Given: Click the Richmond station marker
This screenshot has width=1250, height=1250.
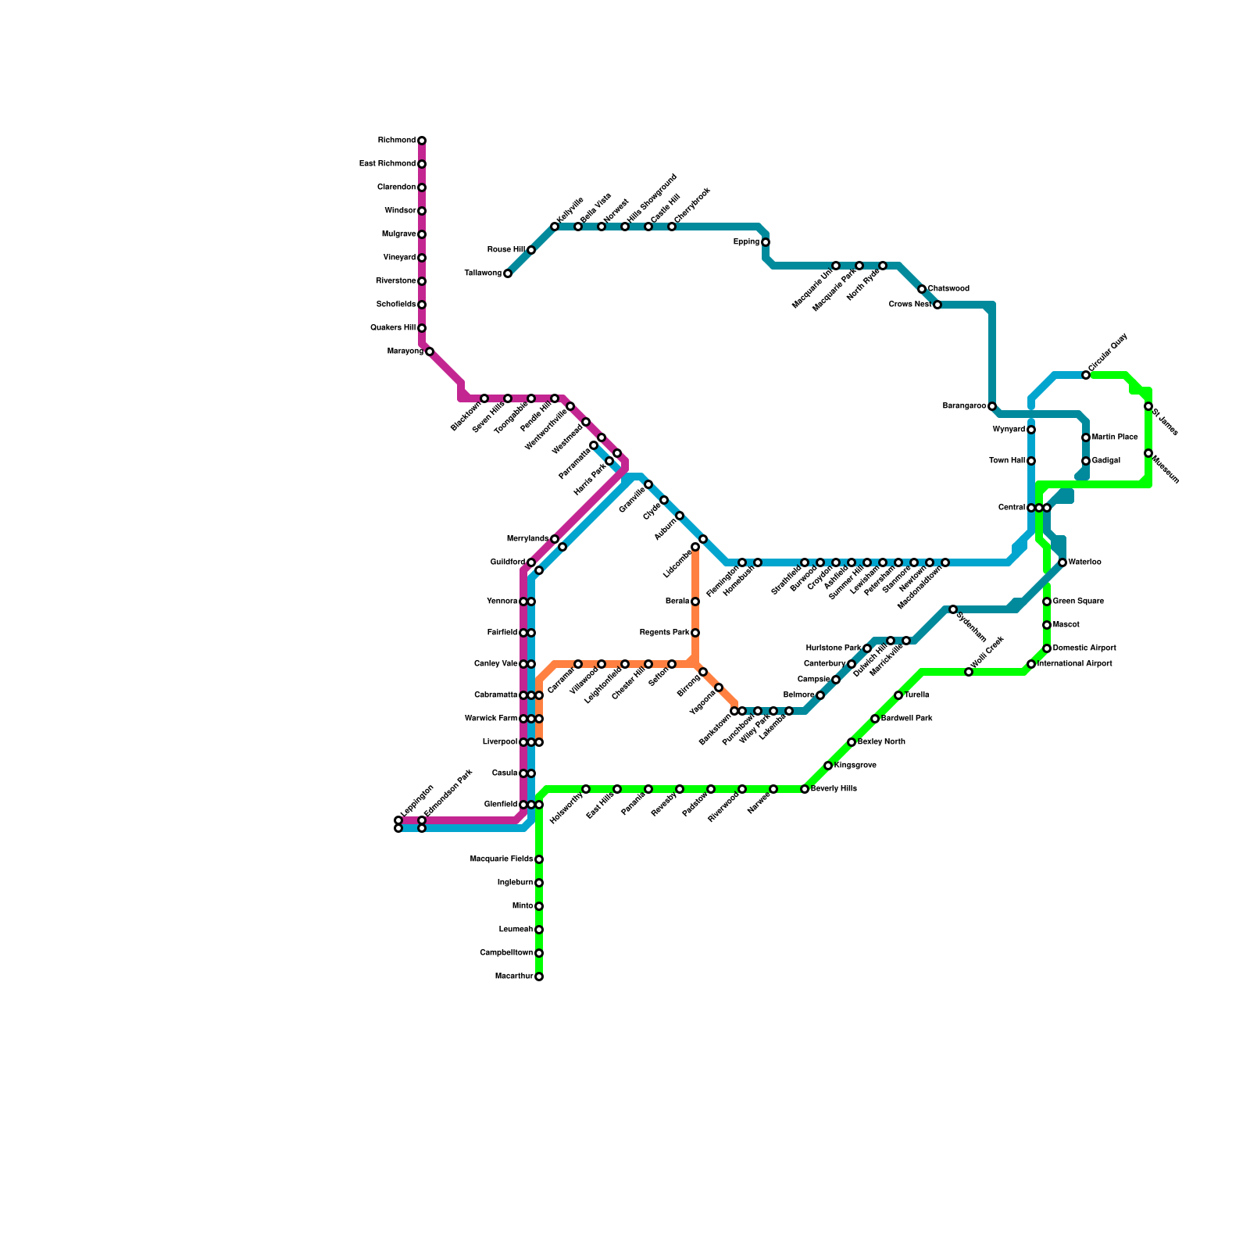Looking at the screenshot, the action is pos(422,141).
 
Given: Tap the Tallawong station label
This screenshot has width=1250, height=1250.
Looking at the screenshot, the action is pos(483,273).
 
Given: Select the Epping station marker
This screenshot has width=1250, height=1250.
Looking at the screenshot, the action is pos(766,242).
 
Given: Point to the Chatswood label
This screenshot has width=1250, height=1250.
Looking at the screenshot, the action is pos(948,289).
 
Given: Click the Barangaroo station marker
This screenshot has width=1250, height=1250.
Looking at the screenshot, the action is pos(992,406).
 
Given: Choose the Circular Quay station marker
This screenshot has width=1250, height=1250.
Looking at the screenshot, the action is pos(1086,375).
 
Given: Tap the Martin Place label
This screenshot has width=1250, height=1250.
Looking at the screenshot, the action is pos(1115,437).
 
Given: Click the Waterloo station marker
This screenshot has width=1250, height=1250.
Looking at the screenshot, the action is pos(1062,562).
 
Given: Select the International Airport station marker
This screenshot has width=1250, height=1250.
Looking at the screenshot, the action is pos(1031,664).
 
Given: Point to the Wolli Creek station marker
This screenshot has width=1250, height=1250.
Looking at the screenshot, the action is pos(969,672).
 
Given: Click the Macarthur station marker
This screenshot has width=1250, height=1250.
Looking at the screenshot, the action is pos(539,977).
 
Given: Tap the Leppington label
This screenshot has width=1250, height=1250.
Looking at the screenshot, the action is pos(416,800).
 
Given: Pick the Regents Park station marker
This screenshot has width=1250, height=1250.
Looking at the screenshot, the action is pos(695,633).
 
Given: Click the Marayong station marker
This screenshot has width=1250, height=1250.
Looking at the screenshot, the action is pos(430,352).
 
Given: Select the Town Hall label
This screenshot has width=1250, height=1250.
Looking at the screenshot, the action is pos(1006,461).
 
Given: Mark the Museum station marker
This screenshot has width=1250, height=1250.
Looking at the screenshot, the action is pos(1148,453).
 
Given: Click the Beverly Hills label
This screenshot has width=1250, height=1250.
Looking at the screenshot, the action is pos(834,789).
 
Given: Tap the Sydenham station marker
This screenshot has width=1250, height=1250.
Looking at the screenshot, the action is pos(953,609).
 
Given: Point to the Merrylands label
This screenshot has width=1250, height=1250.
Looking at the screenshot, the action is pos(527,539).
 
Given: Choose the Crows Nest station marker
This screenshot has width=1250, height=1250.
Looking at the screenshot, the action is pos(937,305).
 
